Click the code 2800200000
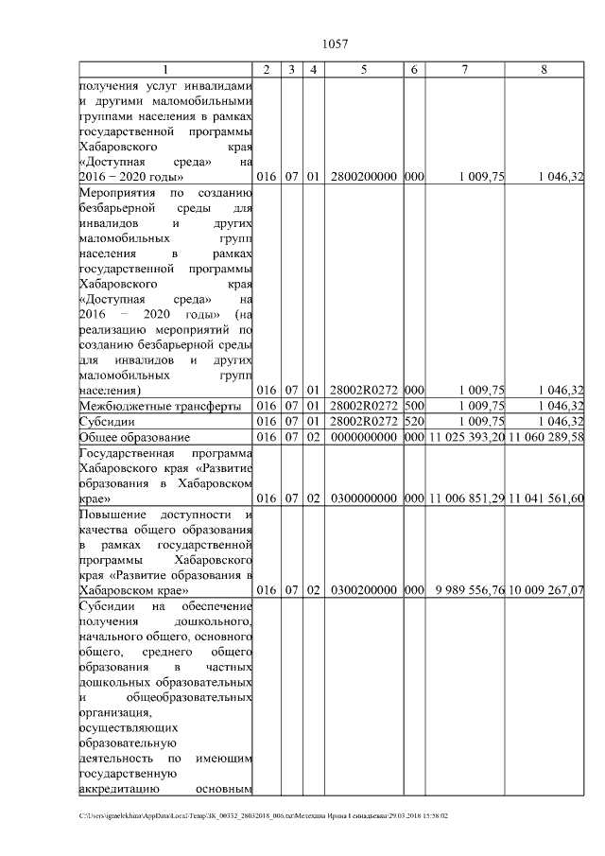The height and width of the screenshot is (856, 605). [364, 177]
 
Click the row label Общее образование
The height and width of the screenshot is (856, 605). [134, 437]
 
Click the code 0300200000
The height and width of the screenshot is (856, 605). [364, 590]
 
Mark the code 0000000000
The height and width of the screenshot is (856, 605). [364, 437]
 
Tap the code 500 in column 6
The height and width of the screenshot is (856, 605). [414, 406]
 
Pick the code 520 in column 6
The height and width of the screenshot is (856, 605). [414, 422]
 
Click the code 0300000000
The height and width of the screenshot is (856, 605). [364, 498]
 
